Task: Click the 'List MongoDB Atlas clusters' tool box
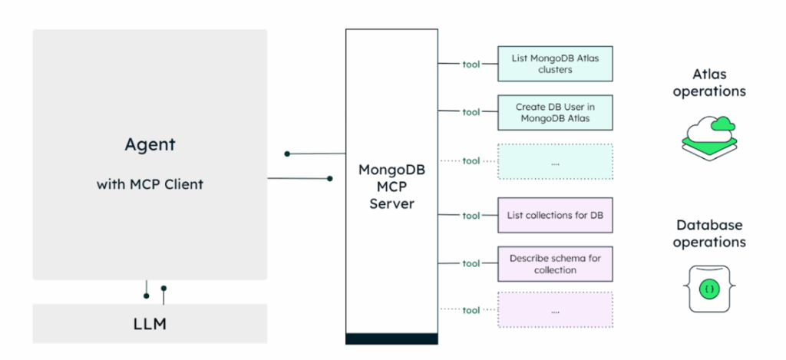click(x=555, y=64)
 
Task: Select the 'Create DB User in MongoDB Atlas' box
click(x=555, y=112)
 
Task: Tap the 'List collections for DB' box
click(x=555, y=215)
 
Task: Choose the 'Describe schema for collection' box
click(x=555, y=263)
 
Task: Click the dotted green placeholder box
click(x=555, y=161)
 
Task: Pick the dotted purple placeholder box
click(x=555, y=310)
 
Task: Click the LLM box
click(x=150, y=323)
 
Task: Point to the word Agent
click(x=150, y=144)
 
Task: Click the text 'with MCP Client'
click(x=150, y=184)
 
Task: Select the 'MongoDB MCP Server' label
click(x=391, y=186)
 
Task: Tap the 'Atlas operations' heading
click(x=709, y=83)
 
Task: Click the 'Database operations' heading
click(x=709, y=233)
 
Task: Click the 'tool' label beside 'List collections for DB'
click(x=471, y=215)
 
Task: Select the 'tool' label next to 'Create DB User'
click(x=471, y=112)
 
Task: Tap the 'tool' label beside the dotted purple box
click(x=471, y=310)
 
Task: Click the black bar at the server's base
click(x=391, y=339)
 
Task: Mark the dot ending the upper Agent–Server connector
click(x=287, y=154)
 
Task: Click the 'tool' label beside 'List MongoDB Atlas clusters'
click(x=471, y=64)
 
